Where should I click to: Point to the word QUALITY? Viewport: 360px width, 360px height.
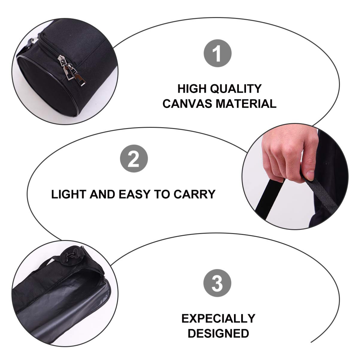tap(239, 89)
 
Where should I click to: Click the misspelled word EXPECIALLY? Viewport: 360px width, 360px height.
tap(218, 318)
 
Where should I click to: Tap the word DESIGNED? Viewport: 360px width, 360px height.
tap(218, 333)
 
